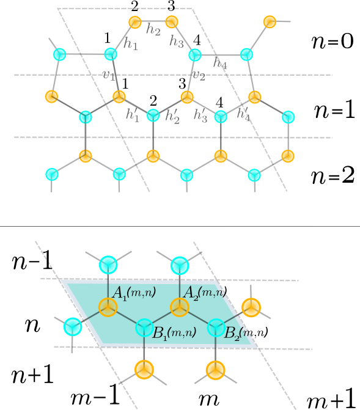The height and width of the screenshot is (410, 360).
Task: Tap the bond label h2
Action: (153, 28)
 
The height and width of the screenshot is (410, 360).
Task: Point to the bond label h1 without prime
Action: (131, 43)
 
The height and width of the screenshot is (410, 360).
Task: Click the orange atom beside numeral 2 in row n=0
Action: (136, 23)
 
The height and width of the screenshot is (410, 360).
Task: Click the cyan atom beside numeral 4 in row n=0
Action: (195, 55)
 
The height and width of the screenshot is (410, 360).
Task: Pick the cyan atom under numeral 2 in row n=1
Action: (153, 114)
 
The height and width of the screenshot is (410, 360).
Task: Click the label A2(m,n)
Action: (205, 294)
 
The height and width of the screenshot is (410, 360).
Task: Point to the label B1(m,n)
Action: (174, 334)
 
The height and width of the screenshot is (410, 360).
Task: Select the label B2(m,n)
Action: (246, 333)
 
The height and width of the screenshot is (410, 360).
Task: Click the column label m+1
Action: (331, 400)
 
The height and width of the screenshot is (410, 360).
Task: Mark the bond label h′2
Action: (172, 116)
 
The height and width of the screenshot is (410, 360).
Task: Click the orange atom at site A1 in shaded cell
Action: (108, 307)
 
